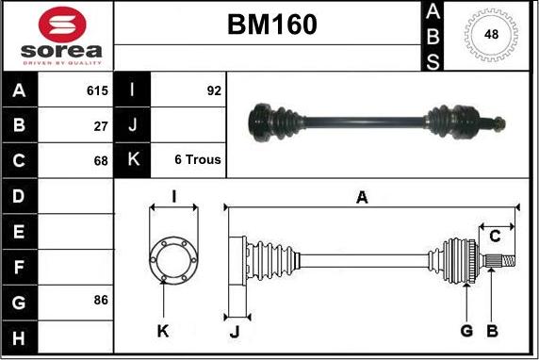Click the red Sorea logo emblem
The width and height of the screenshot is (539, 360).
pos(62,25)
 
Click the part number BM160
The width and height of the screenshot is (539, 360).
pos(272,25)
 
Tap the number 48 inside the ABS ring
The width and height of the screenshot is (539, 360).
pos(491,34)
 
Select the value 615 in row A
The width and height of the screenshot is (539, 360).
pos(97,90)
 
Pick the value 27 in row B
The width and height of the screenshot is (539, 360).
pos(101,126)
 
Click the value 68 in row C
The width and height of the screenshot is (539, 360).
pos(101,161)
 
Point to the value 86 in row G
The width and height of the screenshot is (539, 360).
pos(101,301)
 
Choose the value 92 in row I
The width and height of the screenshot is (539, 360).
pos(214,90)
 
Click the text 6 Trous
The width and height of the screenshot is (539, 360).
pos(198,159)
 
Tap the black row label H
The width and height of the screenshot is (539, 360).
pos(19,338)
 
